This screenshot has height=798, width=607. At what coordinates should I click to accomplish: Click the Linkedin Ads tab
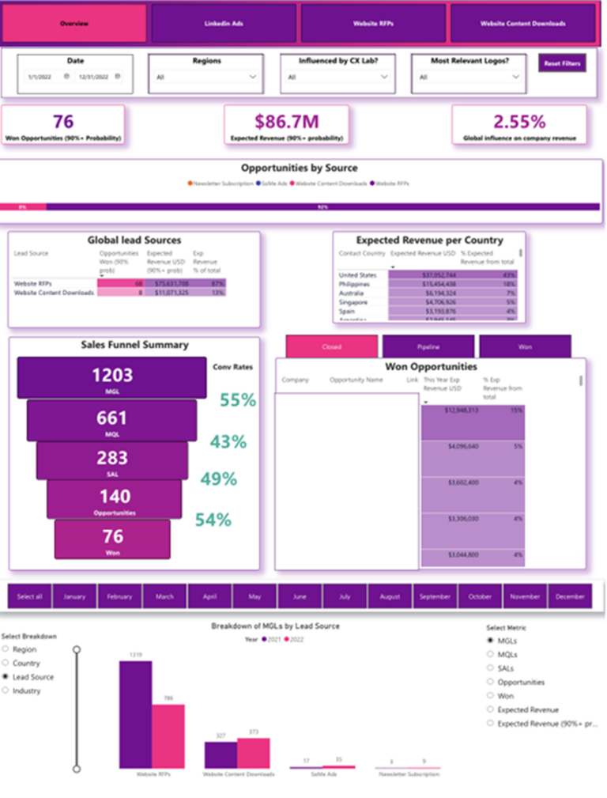click(224, 24)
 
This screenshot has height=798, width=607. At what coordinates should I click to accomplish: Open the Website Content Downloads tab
click(522, 24)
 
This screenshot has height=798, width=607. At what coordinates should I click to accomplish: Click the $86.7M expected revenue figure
click(286, 121)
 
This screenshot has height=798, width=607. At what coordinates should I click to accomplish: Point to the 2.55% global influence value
click(519, 121)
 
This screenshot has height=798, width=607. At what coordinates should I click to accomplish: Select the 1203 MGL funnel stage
click(112, 377)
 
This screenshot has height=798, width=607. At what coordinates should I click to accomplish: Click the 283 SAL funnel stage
click(112, 460)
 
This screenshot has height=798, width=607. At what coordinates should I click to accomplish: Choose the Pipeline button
click(428, 346)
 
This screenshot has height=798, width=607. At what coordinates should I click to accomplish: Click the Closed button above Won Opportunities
click(332, 346)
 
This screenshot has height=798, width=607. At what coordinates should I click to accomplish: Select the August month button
click(390, 596)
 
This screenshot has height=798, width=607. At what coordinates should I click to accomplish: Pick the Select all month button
click(29, 596)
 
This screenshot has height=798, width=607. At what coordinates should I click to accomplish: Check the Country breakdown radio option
click(7, 664)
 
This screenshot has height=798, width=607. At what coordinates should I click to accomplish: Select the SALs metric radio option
click(491, 668)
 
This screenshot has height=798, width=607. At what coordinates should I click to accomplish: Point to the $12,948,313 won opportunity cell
click(451, 411)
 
